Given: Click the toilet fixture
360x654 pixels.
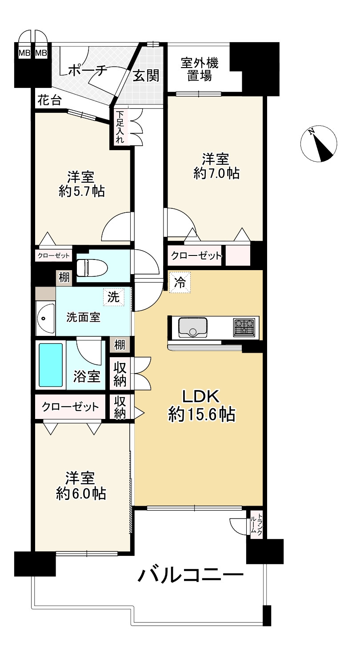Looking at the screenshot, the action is pos(92,267).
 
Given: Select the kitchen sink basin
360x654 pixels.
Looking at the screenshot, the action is pos(193,327).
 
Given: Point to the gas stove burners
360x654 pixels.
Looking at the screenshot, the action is pos(244,327).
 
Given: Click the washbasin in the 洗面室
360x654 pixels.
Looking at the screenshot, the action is pos(45,318).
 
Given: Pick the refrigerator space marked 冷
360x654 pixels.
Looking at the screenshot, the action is pos(180,282).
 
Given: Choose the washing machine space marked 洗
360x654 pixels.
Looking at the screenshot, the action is pos(114,297).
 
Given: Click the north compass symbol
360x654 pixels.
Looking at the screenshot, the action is pos(319,144).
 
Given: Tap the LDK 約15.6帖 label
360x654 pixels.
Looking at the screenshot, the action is pos(201,406).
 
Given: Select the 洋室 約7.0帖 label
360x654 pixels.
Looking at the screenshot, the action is pos(216,167).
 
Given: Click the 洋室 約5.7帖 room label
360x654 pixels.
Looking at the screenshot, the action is pos(81,184).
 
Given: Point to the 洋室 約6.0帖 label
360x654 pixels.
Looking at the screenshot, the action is pos(81,486).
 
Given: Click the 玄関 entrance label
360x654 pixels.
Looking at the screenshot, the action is pos(146,76).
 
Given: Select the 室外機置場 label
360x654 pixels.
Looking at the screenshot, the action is pos(200,69).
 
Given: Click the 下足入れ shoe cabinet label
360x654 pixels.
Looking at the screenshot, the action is pos(120,127).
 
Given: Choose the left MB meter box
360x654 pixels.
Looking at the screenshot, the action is pos(24,53).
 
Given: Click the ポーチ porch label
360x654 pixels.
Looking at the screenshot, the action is pos(88,70).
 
